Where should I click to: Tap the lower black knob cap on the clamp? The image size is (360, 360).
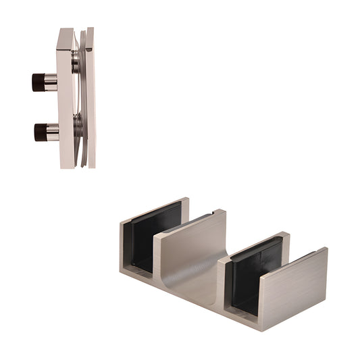39,132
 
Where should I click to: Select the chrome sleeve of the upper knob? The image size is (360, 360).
51,82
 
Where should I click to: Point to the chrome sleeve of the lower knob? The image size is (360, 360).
52,132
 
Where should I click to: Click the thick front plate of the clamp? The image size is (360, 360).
66,101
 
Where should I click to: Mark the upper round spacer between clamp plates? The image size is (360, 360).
76,64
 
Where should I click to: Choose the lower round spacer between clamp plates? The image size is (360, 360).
78,125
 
